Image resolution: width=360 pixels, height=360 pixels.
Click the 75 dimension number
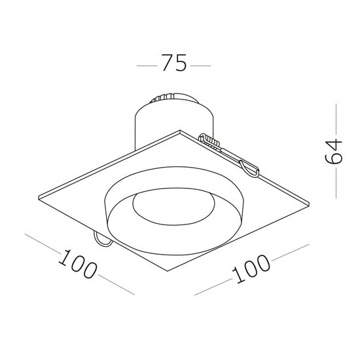point(173,64)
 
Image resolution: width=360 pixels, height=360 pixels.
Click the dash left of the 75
point(146,65)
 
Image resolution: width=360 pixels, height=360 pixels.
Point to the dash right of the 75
point(201,65)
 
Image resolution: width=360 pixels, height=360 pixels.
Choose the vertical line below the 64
point(335,185)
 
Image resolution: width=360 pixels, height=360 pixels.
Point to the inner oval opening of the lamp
point(173,208)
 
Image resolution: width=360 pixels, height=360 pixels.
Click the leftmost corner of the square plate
point(39,194)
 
